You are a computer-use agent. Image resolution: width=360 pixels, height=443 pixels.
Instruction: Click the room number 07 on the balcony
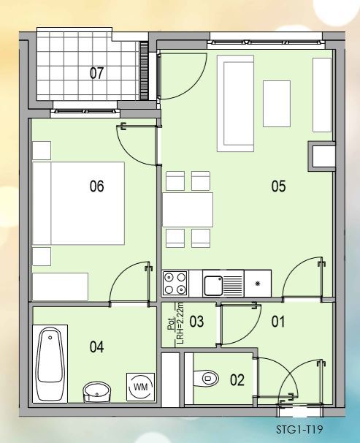(96, 73)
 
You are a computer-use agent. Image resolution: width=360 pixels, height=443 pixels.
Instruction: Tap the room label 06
(96, 186)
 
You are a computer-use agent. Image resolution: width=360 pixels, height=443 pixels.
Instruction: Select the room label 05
(278, 186)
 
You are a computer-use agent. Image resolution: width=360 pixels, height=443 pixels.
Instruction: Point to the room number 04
(96, 347)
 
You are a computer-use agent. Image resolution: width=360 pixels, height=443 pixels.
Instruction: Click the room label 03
(196, 322)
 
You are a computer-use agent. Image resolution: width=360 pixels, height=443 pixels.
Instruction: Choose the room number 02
(237, 380)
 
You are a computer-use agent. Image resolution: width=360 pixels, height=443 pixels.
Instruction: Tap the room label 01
(278, 322)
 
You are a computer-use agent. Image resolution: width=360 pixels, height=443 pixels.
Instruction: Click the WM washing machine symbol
(140, 387)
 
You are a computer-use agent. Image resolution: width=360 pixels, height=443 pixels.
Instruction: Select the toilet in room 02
(206, 378)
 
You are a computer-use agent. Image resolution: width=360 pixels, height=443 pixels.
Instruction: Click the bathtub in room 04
(50, 363)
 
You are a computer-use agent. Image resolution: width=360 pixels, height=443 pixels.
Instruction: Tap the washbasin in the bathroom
(97, 392)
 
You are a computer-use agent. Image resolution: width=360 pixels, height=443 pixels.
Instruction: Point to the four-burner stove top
(175, 284)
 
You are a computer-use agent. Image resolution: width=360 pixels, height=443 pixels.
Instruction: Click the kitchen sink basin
(213, 285)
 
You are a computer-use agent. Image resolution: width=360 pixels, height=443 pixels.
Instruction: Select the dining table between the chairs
(188, 210)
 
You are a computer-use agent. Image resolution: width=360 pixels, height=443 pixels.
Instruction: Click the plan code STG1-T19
(299, 430)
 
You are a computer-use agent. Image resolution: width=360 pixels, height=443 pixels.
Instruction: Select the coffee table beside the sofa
(277, 104)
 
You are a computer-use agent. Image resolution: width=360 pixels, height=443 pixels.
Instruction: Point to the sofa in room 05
(235, 103)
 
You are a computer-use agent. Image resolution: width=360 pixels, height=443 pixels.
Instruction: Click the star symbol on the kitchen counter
(257, 284)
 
